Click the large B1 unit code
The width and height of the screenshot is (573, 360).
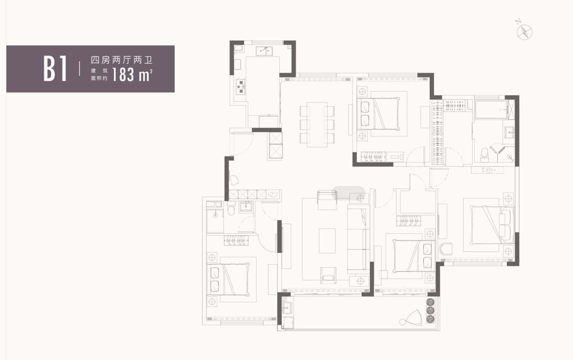click(55, 68)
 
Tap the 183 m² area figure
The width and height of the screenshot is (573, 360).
click(132, 75)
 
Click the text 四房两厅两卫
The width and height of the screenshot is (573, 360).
click(122, 60)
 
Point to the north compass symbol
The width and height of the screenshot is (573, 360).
click(524, 31)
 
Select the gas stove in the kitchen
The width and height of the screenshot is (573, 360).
click(241, 87)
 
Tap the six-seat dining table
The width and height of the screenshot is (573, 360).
click(317, 124)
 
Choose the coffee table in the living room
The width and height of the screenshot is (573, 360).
click(327, 240)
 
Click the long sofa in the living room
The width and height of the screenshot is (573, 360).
click(358, 239)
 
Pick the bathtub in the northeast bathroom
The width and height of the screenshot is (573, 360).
click(491, 109)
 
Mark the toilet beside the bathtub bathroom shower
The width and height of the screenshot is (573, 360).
click(485, 155)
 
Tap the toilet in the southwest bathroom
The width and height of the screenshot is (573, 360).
click(231, 209)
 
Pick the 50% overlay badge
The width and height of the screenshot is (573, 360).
click(348, 193)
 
